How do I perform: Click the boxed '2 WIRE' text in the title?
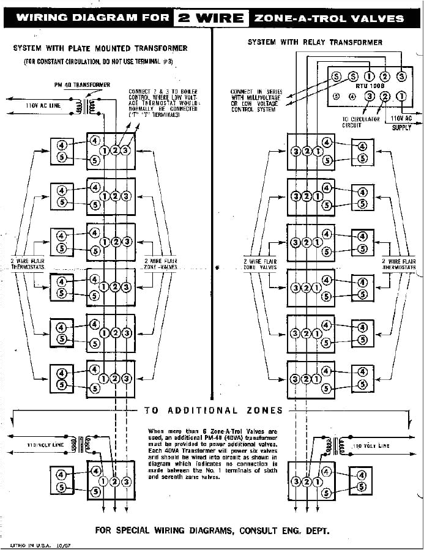(211, 18)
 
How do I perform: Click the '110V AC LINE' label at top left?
(43, 106)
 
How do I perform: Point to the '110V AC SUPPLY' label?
(401, 122)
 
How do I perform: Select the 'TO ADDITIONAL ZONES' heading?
(214, 411)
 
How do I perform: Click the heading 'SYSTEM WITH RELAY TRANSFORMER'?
(315, 42)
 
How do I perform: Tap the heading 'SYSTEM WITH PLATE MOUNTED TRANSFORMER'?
(100, 48)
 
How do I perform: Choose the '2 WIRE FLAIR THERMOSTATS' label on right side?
(399, 264)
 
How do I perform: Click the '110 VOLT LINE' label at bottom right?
(371, 447)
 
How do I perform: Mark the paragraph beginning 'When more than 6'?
(212, 453)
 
